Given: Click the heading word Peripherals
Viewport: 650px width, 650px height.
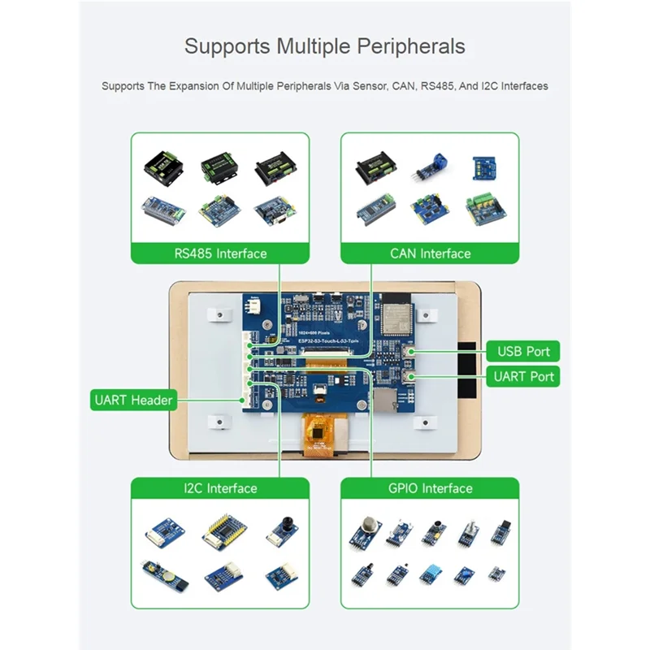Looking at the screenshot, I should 405,45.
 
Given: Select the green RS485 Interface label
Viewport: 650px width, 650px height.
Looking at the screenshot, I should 220,253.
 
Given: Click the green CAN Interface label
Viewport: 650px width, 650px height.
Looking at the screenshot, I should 430,253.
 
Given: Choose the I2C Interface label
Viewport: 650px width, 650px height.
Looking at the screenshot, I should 220,488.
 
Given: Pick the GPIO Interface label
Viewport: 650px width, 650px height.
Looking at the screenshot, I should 430,488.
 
